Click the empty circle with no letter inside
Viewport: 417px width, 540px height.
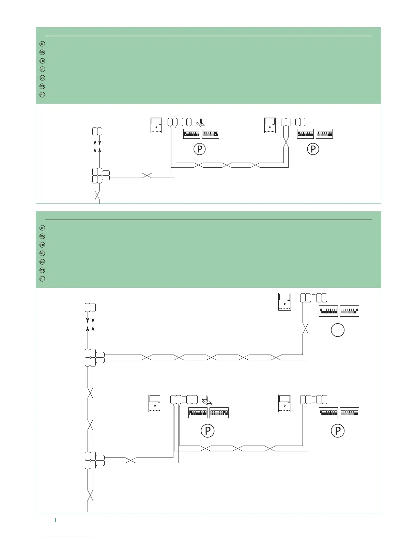(x=338, y=330)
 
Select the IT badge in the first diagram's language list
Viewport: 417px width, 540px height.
(x=42, y=44)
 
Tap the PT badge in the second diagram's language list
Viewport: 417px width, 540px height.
(x=42, y=279)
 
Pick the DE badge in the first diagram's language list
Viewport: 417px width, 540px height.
(x=42, y=78)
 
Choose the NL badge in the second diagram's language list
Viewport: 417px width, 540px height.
(x=42, y=253)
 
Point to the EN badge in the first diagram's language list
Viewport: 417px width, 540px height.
(x=42, y=52)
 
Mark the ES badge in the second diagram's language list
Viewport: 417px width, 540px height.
(x=42, y=270)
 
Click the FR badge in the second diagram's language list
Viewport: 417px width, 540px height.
(x=42, y=245)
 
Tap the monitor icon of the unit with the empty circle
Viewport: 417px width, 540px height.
(x=284, y=302)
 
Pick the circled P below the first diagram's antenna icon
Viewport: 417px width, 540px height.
(x=199, y=150)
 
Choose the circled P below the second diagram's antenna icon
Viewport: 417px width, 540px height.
(x=207, y=431)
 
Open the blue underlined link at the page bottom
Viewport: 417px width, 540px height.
(x=68, y=537)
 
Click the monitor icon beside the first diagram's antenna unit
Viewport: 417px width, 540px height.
(x=157, y=126)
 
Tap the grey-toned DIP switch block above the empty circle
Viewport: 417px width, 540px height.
(x=349, y=311)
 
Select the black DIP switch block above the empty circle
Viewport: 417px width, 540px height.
(x=328, y=311)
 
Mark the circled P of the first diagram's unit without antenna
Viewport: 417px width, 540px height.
(x=313, y=150)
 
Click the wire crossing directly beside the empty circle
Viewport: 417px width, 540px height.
(x=305, y=330)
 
